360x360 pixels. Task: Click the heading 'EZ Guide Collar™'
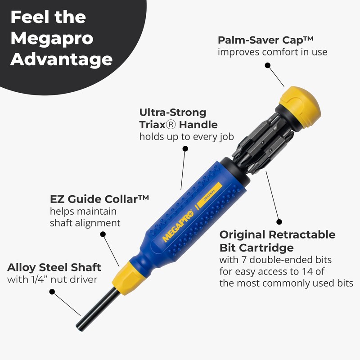point(99,198)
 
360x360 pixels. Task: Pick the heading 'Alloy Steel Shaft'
point(54,267)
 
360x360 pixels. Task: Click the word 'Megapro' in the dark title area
point(51,38)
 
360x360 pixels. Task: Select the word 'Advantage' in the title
point(61,59)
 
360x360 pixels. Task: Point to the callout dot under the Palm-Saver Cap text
point(267,65)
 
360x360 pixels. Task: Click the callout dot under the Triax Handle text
point(185,152)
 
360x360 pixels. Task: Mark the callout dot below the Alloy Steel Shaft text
point(52,292)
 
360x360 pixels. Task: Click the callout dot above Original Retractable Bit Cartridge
point(279,222)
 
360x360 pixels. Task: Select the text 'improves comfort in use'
point(272,52)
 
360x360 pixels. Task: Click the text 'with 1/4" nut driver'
point(53,280)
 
